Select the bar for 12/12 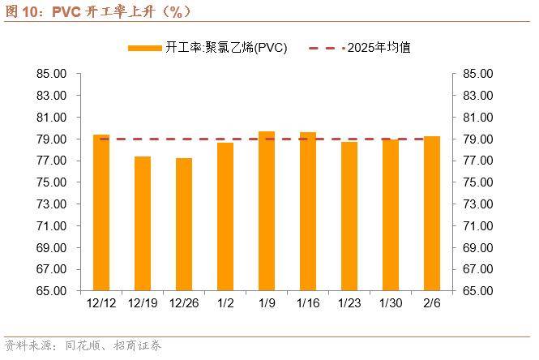(101, 212)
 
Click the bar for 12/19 (143, 223)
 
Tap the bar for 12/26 (184, 224)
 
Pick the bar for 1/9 (267, 211)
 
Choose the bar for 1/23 (349, 216)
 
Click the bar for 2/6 (432, 213)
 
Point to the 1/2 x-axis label (225, 303)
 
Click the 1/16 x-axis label (308, 303)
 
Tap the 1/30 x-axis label (391, 303)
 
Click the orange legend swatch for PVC (144, 49)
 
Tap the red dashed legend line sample (326, 49)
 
